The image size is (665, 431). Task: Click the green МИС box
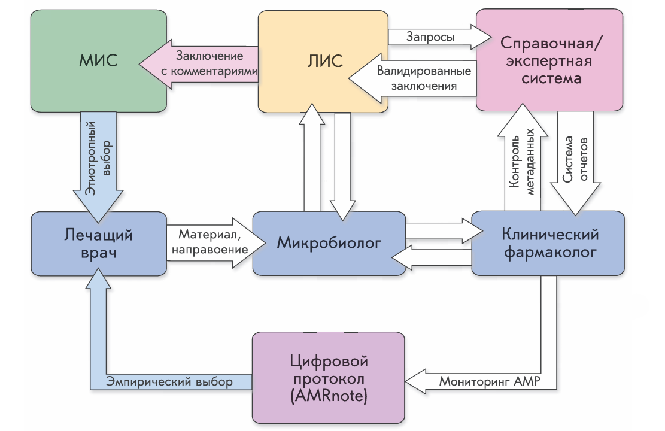[x=99, y=61]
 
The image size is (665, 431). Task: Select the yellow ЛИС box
[x=323, y=61]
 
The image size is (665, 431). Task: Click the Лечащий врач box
[x=99, y=243]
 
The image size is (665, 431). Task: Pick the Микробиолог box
[x=329, y=243]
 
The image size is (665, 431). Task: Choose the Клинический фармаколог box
[x=548, y=243]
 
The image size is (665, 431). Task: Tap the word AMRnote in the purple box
[x=329, y=396]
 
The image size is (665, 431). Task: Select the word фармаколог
[x=549, y=253]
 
